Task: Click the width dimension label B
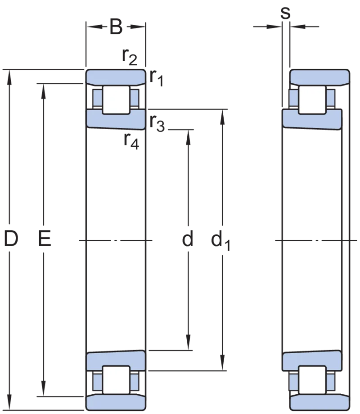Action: click(x=116, y=27)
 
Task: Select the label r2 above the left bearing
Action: click(x=130, y=57)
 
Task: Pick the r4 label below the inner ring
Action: click(x=131, y=141)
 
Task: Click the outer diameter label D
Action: click(x=11, y=238)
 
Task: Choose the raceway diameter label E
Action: click(x=45, y=238)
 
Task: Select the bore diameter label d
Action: click(x=188, y=238)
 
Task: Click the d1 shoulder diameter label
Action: click(x=220, y=240)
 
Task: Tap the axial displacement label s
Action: click(x=285, y=13)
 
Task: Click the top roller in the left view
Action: click(x=116, y=100)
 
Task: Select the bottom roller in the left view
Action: click(x=116, y=380)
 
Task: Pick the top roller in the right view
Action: click(x=312, y=100)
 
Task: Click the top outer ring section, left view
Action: click(x=116, y=77)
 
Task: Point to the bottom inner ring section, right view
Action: click(x=312, y=360)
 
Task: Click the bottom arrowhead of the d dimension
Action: click(x=188, y=343)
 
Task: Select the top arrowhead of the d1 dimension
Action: click(x=222, y=117)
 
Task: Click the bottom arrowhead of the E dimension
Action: click(x=44, y=389)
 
